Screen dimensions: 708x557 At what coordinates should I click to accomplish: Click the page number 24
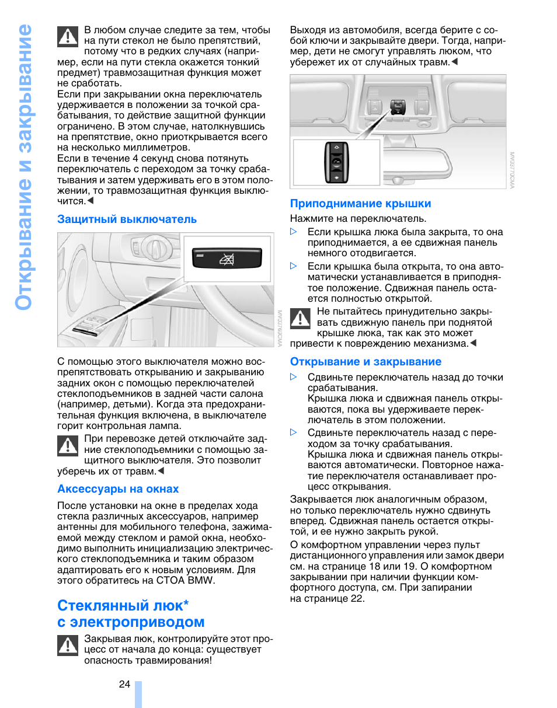pyautogui.click(x=124, y=685)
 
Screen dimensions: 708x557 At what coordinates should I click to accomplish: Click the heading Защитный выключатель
pyautogui.click(x=127, y=219)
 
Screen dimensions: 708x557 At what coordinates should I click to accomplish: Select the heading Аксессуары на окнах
pyautogui.click(x=118, y=489)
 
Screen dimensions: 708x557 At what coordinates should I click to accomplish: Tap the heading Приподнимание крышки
pyautogui.click(x=360, y=204)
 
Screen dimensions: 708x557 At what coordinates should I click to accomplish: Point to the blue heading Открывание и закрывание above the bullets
pyautogui.click(x=365, y=362)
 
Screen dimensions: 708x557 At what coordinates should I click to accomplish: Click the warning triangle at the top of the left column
pyautogui.click(x=68, y=37)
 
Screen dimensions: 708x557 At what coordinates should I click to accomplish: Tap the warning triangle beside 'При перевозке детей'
pyautogui.click(x=68, y=447)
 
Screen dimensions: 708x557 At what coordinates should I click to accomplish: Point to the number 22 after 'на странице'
pyautogui.click(x=357, y=598)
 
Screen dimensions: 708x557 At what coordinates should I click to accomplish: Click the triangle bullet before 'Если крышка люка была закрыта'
pyautogui.click(x=294, y=232)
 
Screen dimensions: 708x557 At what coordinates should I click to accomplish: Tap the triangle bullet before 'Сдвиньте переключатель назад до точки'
pyautogui.click(x=294, y=378)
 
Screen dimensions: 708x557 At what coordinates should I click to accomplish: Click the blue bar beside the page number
pyautogui.click(x=138, y=693)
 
